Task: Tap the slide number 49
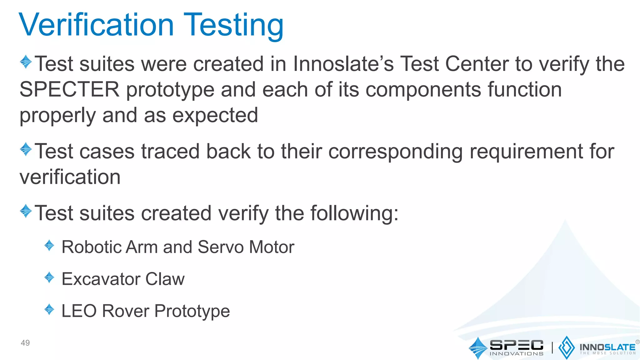coord(25,343)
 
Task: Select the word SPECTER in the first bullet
coord(69,90)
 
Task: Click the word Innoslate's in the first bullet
coord(343,64)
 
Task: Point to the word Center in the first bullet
coord(477,64)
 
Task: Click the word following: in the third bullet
coord(354,213)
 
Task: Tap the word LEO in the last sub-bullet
coord(79,311)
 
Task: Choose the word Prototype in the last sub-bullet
coord(192,312)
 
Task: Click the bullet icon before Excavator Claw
coord(49,277)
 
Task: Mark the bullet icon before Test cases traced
coord(26,149)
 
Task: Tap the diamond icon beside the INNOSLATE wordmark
coord(566,347)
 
